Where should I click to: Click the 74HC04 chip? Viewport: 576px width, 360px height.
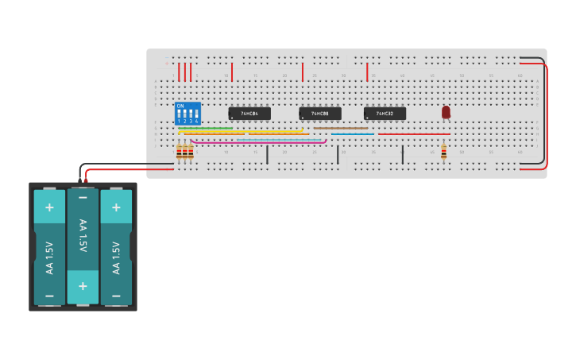[x=249, y=114]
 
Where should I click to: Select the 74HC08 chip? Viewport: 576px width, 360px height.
[x=320, y=114]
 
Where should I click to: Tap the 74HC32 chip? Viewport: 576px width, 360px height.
[x=385, y=114]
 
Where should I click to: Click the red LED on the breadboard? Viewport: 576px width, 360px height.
[x=446, y=112]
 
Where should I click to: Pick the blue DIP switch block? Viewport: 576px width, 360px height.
[x=187, y=114]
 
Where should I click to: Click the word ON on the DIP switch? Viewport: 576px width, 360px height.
[x=180, y=106]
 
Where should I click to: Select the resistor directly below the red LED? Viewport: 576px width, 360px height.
[x=443, y=153]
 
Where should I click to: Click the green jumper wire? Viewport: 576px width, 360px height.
[x=205, y=128]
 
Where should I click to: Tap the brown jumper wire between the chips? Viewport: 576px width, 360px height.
[x=341, y=128]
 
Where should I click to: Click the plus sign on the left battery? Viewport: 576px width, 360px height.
[x=49, y=207]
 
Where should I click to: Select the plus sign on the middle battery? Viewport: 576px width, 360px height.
[x=83, y=285]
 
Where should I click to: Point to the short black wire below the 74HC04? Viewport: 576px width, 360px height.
[x=267, y=154]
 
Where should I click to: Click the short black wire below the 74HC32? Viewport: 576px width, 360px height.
[x=403, y=154]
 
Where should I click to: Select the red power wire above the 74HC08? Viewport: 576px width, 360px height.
[x=303, y=72]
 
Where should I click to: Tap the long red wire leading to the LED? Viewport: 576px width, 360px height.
[x=413, y=134]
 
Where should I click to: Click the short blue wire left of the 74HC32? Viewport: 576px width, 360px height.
[x=352, y=134]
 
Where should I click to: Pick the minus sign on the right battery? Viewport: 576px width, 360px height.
[x=116, y=295]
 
